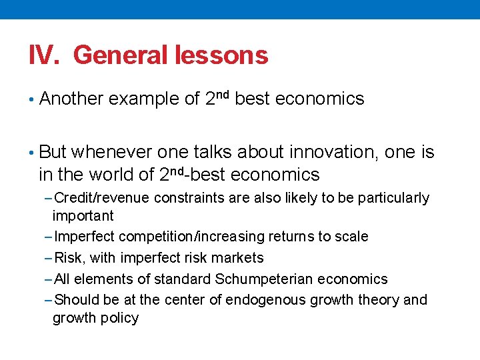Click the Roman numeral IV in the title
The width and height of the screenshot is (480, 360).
44,55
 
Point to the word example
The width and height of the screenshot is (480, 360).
151,99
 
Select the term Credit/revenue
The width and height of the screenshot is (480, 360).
102,198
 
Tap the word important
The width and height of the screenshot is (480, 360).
83,215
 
